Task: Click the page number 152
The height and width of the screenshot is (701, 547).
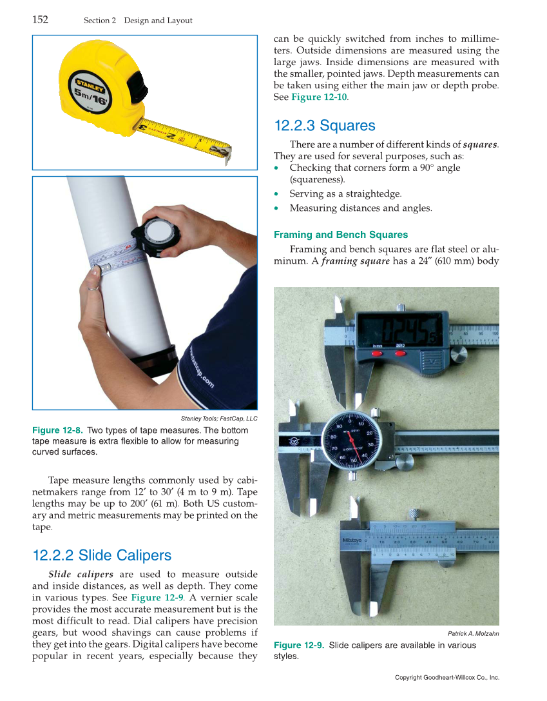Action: click(x=40, y=19)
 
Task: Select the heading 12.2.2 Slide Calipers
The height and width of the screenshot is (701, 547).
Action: click(x=102, y=555)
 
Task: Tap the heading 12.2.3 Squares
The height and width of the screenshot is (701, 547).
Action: click(x=325, y=125)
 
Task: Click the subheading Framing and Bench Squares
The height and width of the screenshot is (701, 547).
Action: click(x=341, y=235)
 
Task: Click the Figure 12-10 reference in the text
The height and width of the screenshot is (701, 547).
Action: click(x=319, y=97)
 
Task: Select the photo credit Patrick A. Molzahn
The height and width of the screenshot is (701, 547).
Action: click(x=473, y=633)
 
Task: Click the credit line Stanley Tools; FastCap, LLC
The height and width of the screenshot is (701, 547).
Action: click(x=219, y=419)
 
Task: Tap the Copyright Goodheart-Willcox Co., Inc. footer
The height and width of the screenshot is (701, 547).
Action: click(x=447, y=677)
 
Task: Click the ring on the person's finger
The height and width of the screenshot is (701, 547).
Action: click(x=94, y=288)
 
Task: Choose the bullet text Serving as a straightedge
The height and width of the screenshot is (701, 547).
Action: click(x=345, y=193)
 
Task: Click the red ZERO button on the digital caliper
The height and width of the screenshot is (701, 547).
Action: click(x=399, y=353)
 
